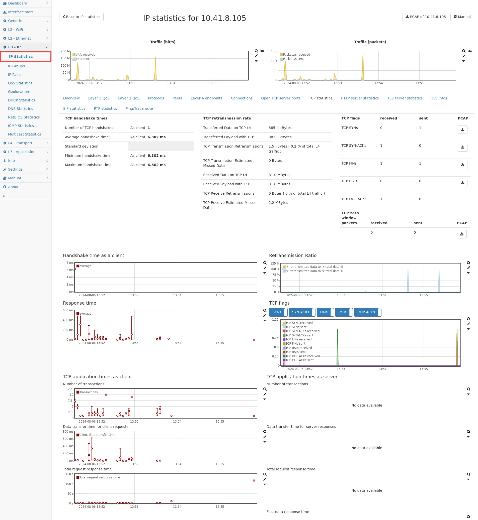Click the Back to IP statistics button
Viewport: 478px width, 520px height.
point(81,17)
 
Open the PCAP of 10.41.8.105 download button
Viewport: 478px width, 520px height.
point(426,17)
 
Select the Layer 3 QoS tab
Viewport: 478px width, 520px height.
point(99,98)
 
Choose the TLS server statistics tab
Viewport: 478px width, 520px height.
point(405,98)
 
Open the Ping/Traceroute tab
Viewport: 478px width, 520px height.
point(139,108)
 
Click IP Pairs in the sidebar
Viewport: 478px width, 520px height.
point(14,75)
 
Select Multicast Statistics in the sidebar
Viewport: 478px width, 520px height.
point(24,134)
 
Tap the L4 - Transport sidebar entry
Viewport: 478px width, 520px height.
point(20,143)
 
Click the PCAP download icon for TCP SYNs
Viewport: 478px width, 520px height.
point(462,129)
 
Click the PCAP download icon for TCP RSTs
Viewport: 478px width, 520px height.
point(462,183)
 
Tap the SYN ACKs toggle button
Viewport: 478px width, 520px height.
point(300,312)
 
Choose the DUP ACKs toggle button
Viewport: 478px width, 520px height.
point(366,312)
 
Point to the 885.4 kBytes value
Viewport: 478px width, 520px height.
point(280,128)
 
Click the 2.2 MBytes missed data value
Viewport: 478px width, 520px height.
point(278,203)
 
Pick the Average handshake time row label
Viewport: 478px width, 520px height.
point(87,137)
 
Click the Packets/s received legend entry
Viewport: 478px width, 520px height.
point(296,55)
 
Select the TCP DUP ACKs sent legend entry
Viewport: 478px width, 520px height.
point(299,360)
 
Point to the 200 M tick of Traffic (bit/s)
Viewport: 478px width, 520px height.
point(65,51)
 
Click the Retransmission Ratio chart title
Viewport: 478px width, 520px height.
point(292,255)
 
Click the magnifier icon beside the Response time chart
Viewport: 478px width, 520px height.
point(265,311)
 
